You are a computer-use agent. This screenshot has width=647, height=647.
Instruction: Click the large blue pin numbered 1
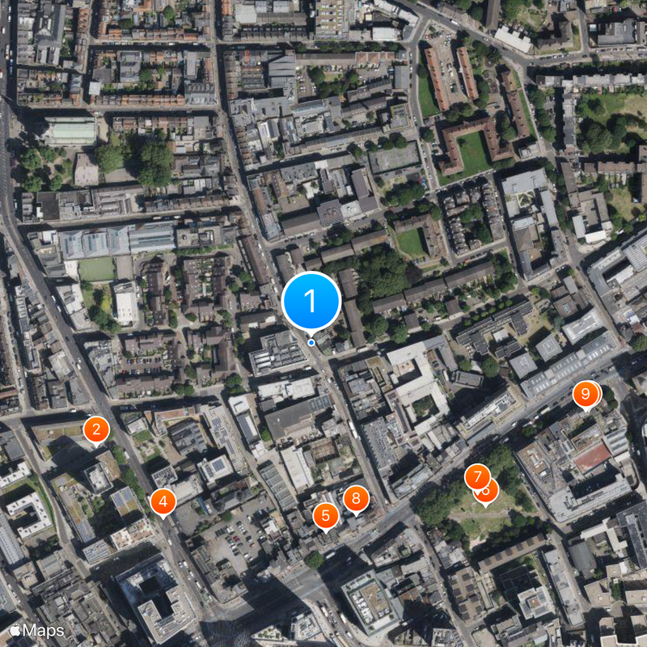point(311,301)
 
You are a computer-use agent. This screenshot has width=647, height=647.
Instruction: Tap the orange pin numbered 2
point(96,429)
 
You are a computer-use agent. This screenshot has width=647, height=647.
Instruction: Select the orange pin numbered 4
point(163,501)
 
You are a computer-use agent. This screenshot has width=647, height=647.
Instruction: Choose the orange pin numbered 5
point(326,515)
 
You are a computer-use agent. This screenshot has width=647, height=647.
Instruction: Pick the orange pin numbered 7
point(477,477)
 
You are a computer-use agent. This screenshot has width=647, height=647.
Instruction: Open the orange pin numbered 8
point(356,498)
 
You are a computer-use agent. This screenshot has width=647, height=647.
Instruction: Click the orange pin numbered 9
point(586,395)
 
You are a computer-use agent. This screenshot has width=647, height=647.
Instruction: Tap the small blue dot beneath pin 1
point(311,342)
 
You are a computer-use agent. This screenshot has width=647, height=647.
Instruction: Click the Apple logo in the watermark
point(15,628)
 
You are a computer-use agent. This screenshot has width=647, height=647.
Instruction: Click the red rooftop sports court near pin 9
point(592,457)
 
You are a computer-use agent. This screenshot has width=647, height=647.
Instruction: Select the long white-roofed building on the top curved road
point(513,38)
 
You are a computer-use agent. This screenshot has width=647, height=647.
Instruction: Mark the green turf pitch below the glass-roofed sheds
point(97,269)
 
